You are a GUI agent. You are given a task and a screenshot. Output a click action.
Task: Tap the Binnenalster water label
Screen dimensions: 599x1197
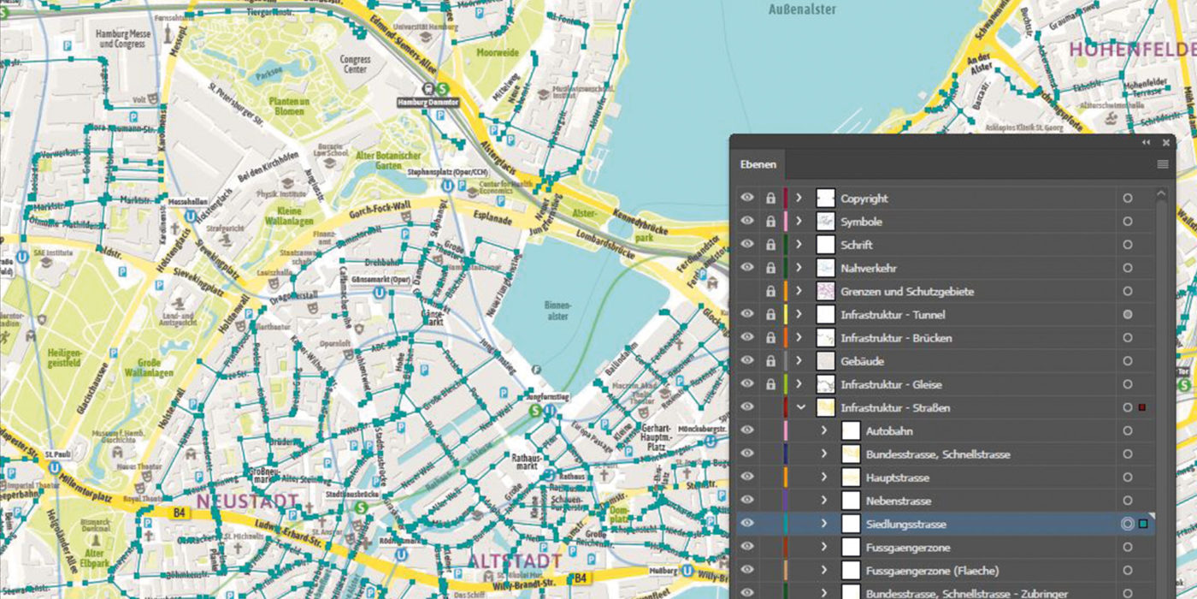click(x=557, y=309)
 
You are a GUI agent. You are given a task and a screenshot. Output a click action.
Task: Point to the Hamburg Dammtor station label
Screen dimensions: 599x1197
click(x=428, y=102)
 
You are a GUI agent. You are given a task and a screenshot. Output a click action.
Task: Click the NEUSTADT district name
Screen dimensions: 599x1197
click(x=247, y=501)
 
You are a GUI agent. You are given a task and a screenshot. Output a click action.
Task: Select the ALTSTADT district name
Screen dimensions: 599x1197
click(x=514, y=561)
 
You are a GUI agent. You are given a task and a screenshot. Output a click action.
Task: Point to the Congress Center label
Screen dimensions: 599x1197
click(x=355, y=65)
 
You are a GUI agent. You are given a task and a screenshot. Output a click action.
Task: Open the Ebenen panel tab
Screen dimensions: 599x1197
click(x=759, y=163)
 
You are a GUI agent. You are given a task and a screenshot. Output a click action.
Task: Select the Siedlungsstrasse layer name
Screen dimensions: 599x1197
click(x=905, y=524)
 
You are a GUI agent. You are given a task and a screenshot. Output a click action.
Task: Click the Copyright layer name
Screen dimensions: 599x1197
click(x=864, y=199)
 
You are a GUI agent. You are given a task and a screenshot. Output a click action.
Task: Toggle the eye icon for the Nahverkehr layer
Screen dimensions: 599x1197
click(x=747, y=268)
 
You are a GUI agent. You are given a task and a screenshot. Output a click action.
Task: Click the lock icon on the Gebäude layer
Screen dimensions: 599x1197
click(x=770, y=361)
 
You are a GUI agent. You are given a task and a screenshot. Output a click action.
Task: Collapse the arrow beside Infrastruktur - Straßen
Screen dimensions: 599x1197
click(x=800, y=407)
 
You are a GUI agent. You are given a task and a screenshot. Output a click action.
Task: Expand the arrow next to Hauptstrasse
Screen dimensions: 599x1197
click(x=824, y=477)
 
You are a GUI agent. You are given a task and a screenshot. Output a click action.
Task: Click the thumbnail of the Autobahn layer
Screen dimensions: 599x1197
click(x=851, y=431)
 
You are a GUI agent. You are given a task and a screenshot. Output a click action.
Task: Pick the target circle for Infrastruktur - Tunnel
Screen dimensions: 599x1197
click(x=1128, y=315)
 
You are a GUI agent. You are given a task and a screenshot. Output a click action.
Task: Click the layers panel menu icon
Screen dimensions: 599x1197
click(x=1163, y=163)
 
